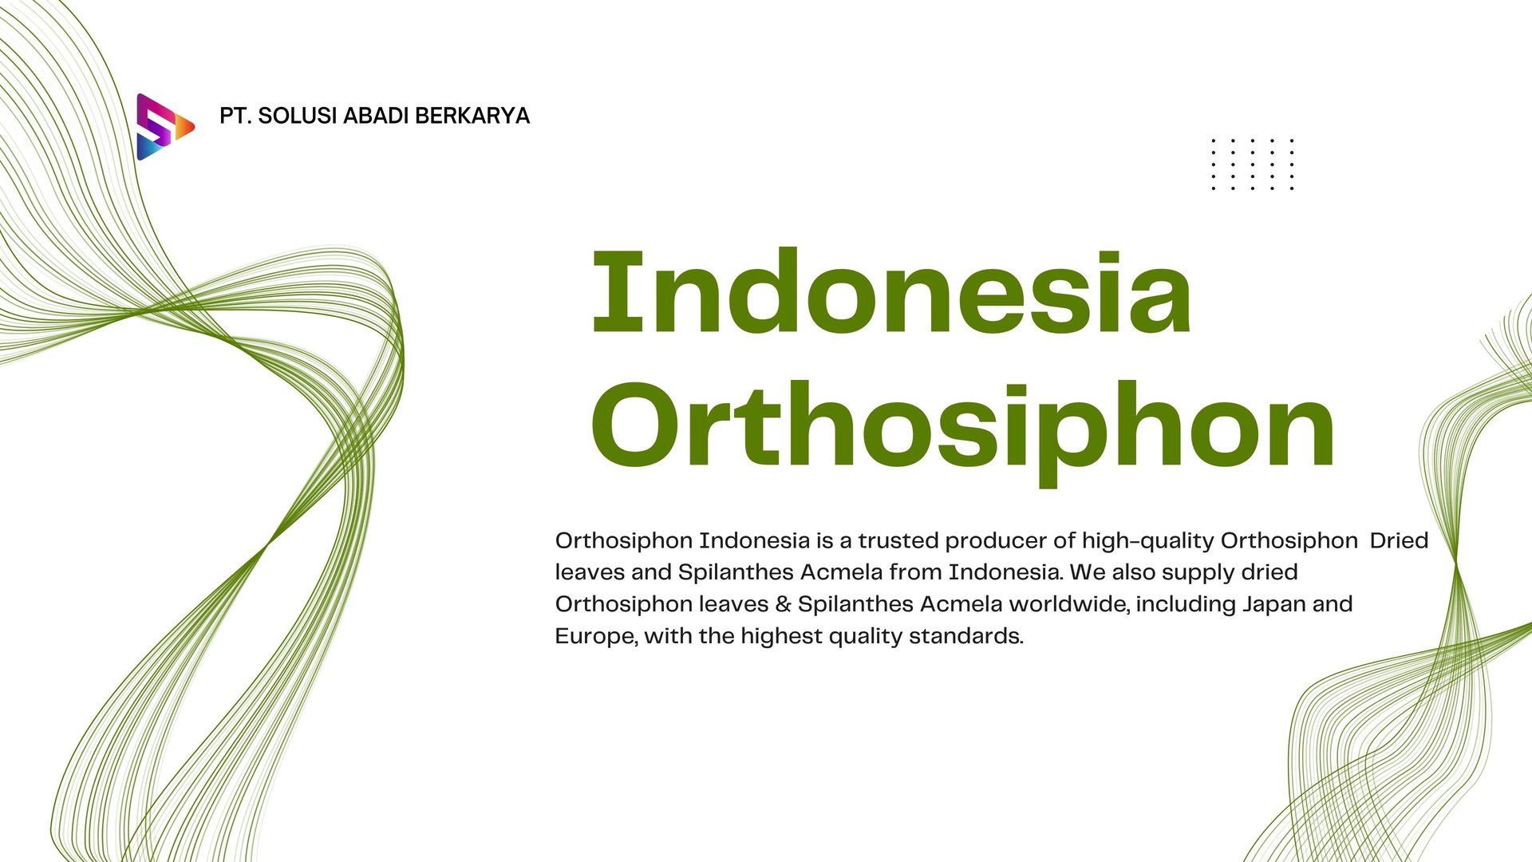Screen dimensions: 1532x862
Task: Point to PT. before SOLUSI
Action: [x=235, y=117]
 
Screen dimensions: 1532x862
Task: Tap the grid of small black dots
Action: [x=1252, y=164]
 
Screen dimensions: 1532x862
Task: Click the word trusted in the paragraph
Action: [x=898, y=541]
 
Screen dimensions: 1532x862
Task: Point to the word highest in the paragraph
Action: [x=781, y=637]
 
